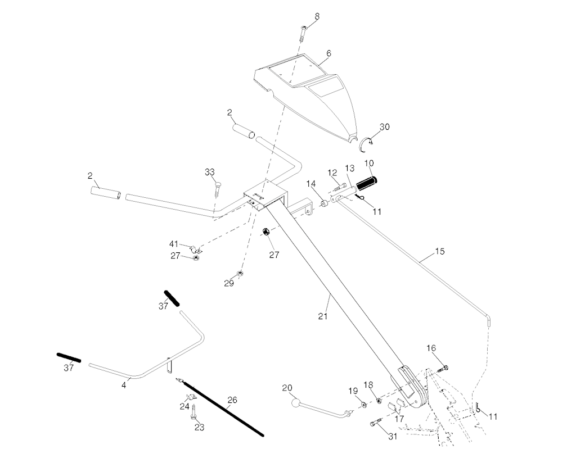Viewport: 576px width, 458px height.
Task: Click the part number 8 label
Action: (x=317, y=16)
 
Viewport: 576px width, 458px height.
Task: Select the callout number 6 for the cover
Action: (x=328, y=53)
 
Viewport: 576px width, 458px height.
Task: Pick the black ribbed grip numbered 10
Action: (x=368, y=183)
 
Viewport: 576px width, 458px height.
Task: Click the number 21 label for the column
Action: (x=322, y=316)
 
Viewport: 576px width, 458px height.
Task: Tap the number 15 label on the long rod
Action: (x=440, y=251)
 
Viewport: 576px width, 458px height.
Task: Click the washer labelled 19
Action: (x=363, y=404)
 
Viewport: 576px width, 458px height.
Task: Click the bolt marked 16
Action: (x=444, y=368)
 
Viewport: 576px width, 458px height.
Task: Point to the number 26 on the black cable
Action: (x=232, y=400)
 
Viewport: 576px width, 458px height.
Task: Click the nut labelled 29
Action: (x=240, y=273)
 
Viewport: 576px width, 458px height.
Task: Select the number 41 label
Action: (x=174, y=244)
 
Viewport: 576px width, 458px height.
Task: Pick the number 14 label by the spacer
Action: (x=311, y=184)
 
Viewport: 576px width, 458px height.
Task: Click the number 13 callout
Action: (x=350, y=168)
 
